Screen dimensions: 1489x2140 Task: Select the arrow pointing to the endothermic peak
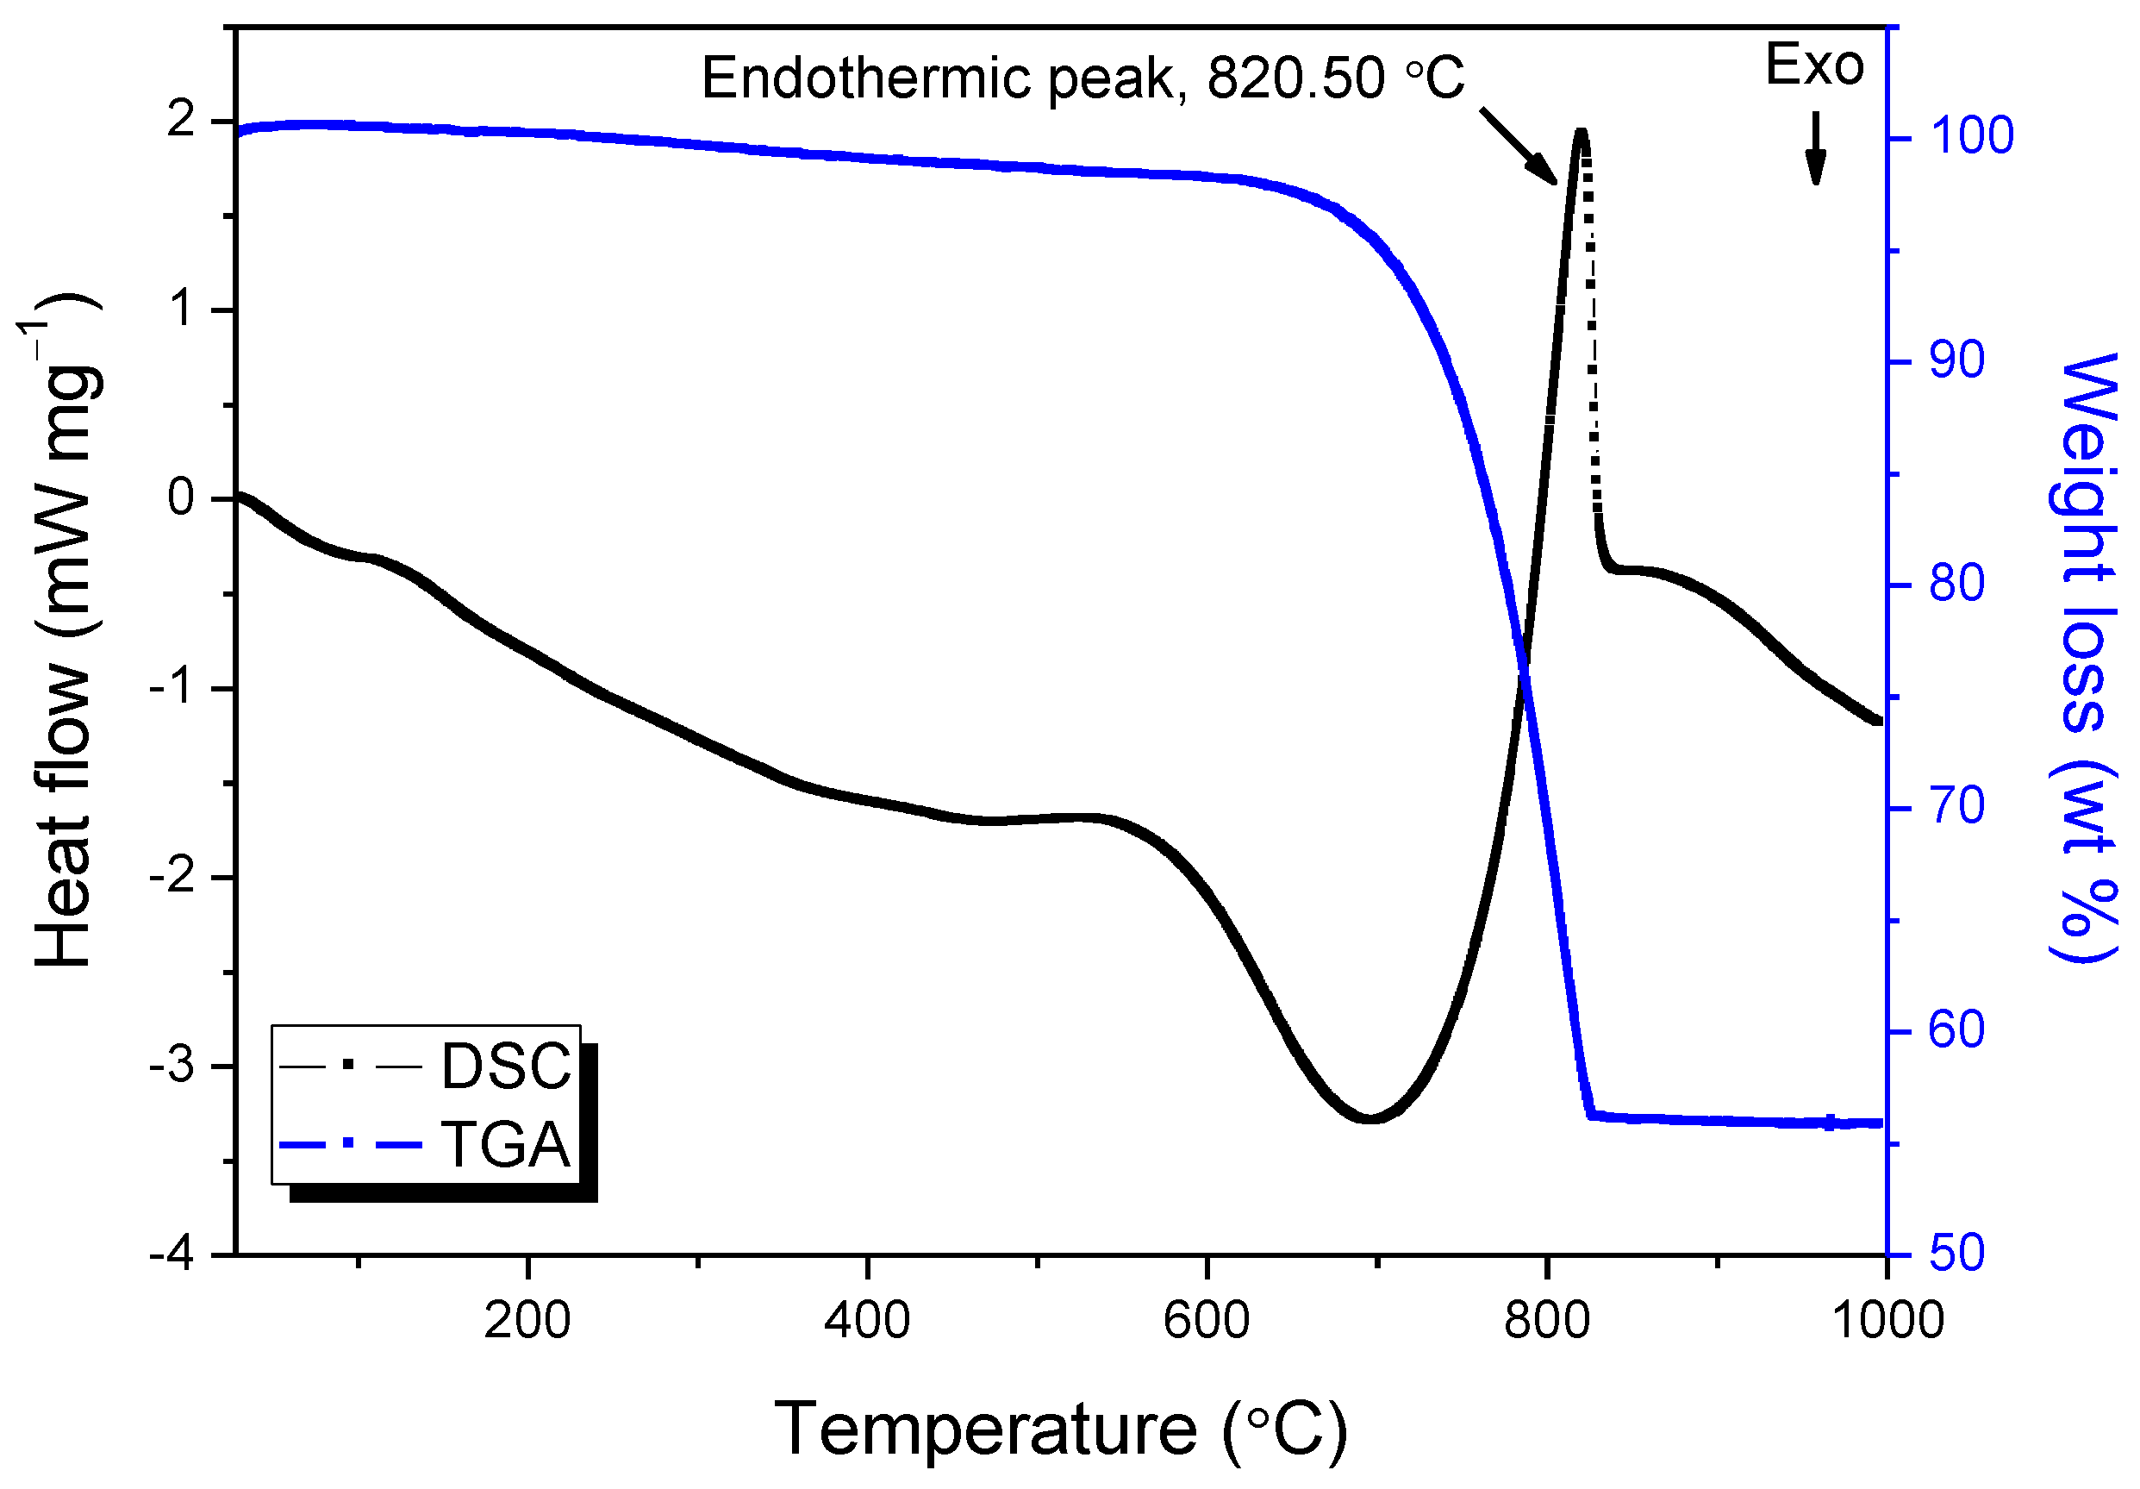click(x=1519, y=146)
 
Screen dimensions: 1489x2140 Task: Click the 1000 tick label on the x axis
click(x=1887, y=1321)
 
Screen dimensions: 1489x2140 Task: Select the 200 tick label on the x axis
click(x=527, y=1321)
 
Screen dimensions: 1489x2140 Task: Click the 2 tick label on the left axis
click(x=181, y=122)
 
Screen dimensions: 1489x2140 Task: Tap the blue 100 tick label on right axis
click(x=1970, y=136)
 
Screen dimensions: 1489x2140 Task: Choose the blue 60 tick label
click(x=1956, y=1030)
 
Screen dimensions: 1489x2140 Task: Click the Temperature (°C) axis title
click(x=1060, y=1429)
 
